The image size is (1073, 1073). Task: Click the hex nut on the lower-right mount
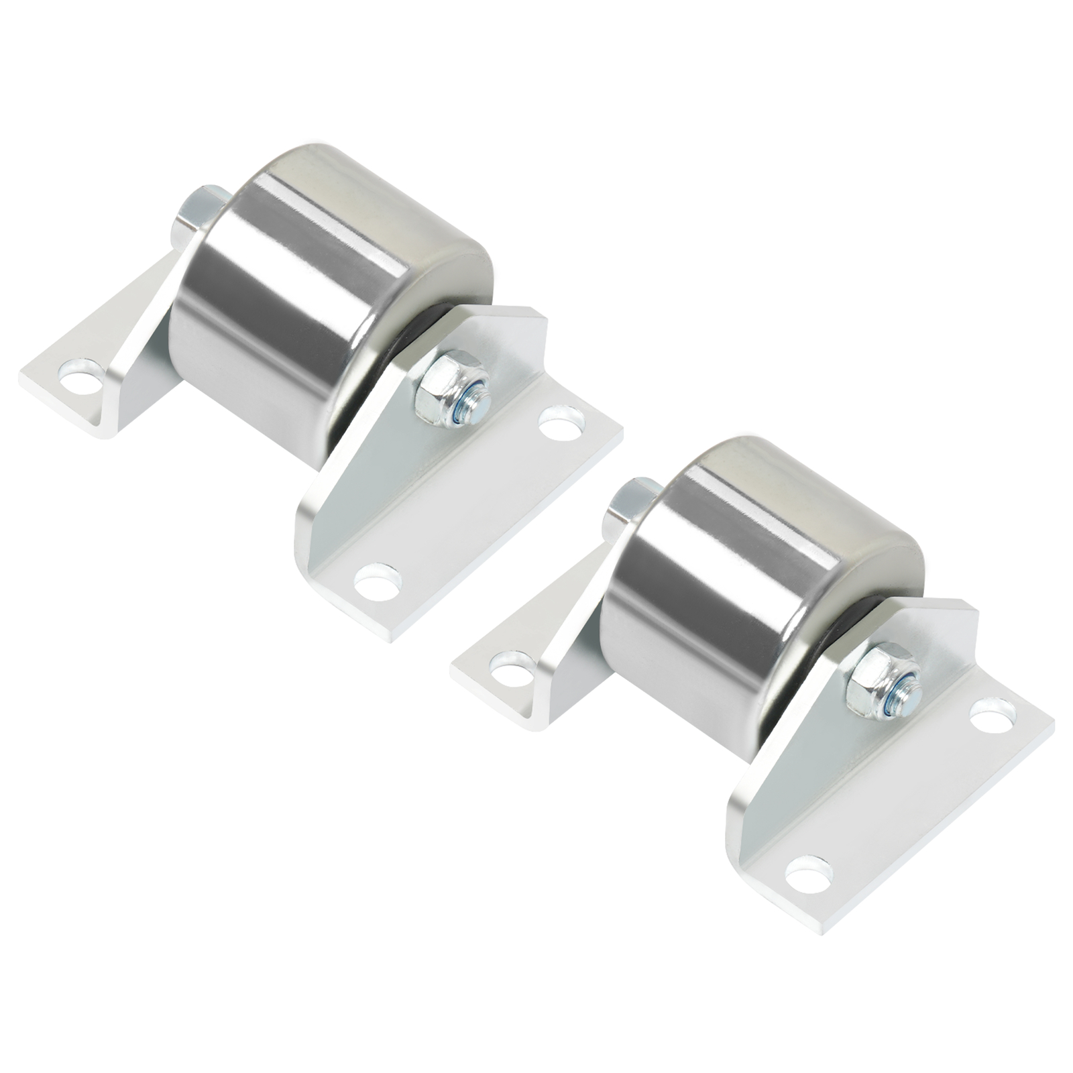880,680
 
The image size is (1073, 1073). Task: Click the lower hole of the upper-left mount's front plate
376,579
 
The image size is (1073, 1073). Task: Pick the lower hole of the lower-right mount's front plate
809,871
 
